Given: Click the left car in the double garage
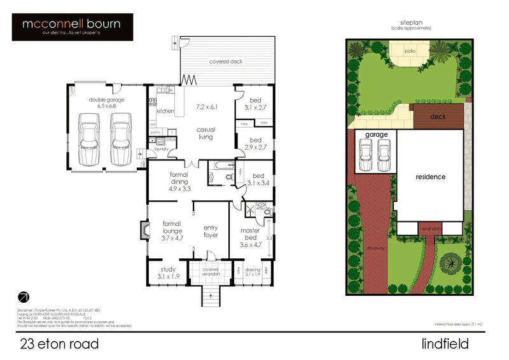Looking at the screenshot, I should [88, 138].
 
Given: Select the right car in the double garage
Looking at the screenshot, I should [120, 138].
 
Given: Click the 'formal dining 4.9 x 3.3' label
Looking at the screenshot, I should [179, 181].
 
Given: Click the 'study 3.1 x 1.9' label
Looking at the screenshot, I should [168, 273].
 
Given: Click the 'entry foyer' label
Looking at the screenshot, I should [211, 232].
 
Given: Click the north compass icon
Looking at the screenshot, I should [24, 296].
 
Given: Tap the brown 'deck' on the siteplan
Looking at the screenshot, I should [438, 116].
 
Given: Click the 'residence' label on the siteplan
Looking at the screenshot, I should [430, 177].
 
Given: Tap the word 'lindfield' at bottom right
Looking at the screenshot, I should [445, 344].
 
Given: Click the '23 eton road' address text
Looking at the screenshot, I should [59, 344].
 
